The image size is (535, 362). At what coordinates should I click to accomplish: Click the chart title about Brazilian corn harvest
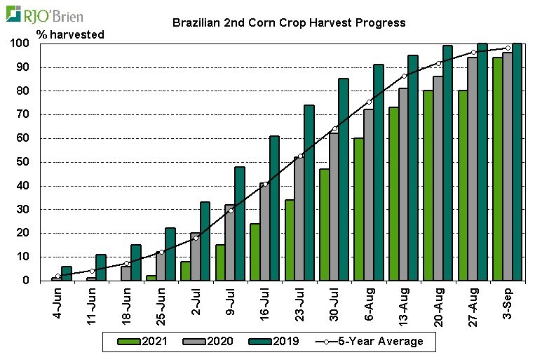tap(289, 22)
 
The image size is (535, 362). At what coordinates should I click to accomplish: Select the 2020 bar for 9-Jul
tap(229, 243)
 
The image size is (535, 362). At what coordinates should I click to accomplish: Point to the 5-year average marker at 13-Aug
tap(404, 76)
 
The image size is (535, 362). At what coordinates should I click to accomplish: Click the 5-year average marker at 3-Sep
tap(508, 48)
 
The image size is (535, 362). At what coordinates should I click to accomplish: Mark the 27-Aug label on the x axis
tap(474, 304)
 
